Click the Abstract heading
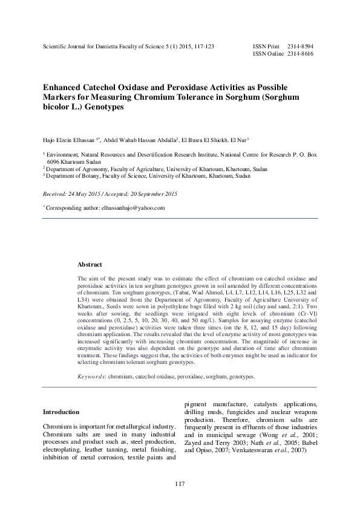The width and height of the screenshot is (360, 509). coord(90,265)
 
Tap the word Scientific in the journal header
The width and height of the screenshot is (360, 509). coord(56,46)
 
